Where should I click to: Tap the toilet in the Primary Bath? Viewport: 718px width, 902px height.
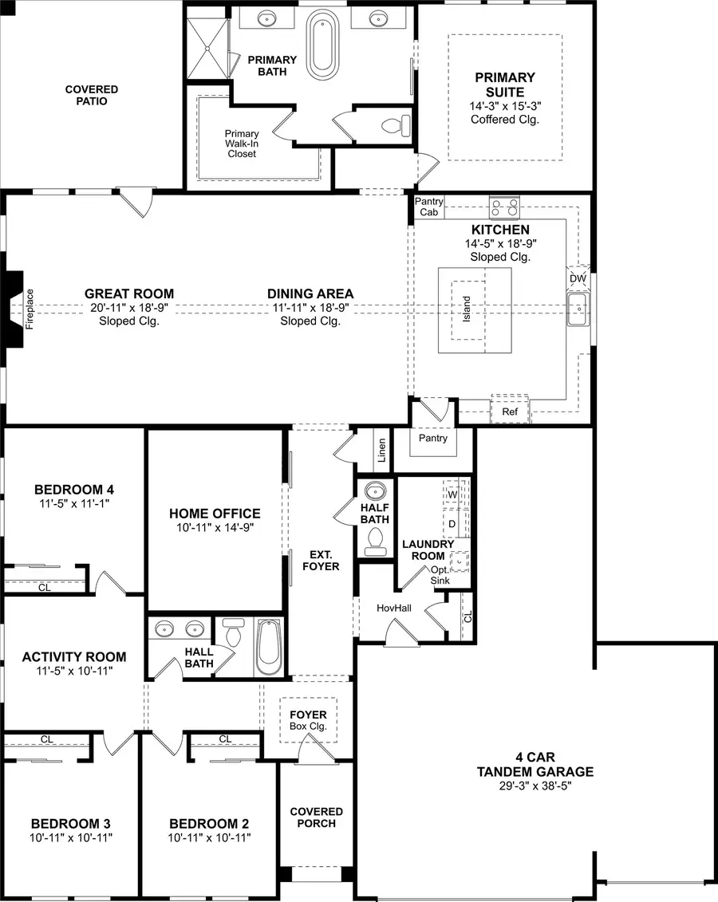pyautogui.click(x=395, y=125)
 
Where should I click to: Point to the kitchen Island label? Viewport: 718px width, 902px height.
pyautogui.click(x=467, y=310)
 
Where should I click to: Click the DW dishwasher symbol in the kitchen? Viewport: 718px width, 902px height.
pyautogui.click(x=578, y=278)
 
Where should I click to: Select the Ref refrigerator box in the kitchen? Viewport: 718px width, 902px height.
pyautogui.click(x=510, y=412)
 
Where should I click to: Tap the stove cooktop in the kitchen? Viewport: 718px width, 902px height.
pyautogui.click(x=503, y=208)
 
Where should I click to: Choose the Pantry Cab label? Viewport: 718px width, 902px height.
pyautogui.click(x=428, y=207)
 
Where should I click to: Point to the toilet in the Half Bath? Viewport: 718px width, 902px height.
pyautogui.click(x=373, y=543)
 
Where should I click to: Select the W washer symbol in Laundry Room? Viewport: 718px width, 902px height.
pyautogui.click(x=452, y=494)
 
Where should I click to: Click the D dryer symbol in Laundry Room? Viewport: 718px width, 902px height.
pyautogui.click(x=452, y=524)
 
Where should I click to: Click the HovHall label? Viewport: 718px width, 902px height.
pyautogui.click(x=393, y=608)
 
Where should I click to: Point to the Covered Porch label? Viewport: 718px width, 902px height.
pyautogui.click(x=316, y=817)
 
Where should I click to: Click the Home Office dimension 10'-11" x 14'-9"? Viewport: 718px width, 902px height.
pyautogui.click(x=215, y=528)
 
